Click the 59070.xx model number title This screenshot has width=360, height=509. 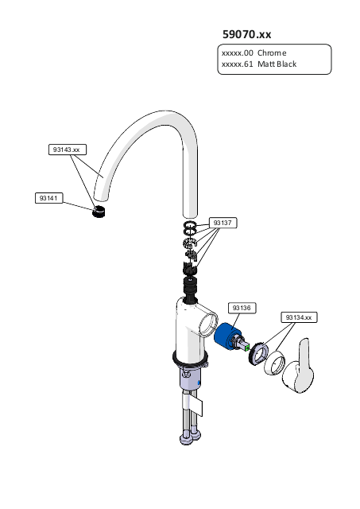tap(246, 34)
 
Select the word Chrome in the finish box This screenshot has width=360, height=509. tap(272, 53)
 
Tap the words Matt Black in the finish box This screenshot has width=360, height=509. tap(277, 64)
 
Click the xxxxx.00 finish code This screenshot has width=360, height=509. tap(237, 53)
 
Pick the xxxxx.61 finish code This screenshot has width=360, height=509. tap(237, 64)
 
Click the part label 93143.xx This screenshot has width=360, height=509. tap(68, 150)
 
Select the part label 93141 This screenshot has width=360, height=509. tap(49, 198)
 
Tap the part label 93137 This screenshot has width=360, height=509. tap(223, 223)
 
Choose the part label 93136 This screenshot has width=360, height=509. tap(242, 308)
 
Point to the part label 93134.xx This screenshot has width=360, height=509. tap(299, 317)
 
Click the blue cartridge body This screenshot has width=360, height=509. tap(226, 337)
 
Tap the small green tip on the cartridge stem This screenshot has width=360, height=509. tap(247, 348)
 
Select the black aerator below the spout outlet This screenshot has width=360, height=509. tap(99, 212)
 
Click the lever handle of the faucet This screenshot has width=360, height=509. tap(300, 367)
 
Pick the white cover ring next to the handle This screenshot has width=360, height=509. tap(274, 363)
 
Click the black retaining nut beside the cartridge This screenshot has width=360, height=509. tap(258, 352)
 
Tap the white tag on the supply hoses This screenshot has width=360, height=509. tap(196, 406)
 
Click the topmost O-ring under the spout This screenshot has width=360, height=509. tap(191, 224)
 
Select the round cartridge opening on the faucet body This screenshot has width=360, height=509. tap(207, 324)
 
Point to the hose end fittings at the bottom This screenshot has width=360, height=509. tap(191, 437)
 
